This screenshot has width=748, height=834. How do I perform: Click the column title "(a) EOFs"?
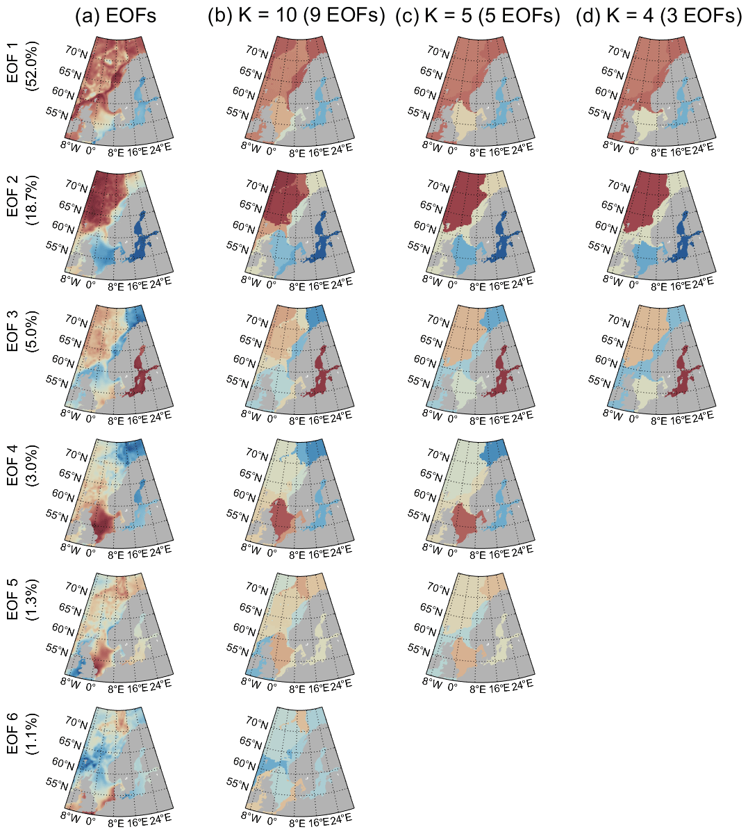click(116, 17)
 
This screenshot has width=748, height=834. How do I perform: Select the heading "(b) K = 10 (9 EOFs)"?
click(297, 17)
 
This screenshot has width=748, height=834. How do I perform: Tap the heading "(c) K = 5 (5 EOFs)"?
click(478, 17)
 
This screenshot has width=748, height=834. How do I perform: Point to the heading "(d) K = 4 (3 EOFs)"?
click(659, 17)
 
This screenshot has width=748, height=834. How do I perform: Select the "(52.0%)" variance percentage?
click(32, 66)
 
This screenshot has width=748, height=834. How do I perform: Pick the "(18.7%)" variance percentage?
click(32, 202)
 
